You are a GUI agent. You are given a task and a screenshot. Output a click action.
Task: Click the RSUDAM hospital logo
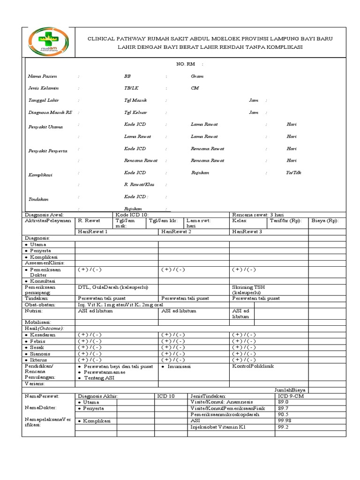pyautogui.click(x=49, y=41)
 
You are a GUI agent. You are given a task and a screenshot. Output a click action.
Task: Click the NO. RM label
pyautogui.click(x=186, y=64)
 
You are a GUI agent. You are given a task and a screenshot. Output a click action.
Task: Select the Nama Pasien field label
pyautogui.click(x=41, y=76)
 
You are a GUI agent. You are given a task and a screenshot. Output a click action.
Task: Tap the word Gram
pyautogui.click(x=197, y=76)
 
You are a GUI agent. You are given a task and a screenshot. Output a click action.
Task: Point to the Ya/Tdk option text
pyautogui.click(x=294, y=172)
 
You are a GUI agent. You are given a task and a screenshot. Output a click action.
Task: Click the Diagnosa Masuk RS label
pyautogui.click(x=50, y=112)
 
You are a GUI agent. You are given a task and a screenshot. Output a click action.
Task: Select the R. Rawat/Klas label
pyautogui.click(x=139, y=185)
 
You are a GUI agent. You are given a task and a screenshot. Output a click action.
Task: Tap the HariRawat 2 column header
pyautogui.click(x=176, y=232)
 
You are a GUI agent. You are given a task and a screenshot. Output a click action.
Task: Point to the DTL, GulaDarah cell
pyautogui.click(x=113, y=286)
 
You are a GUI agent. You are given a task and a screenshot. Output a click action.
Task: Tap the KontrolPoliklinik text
pyautogui.click(x=253, y=366)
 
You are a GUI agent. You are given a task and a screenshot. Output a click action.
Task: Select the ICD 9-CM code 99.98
pyautogui.click(x=285, y=421)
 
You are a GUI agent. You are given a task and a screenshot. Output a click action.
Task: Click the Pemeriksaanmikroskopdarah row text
pyautogui.click(x=225, y=415)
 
